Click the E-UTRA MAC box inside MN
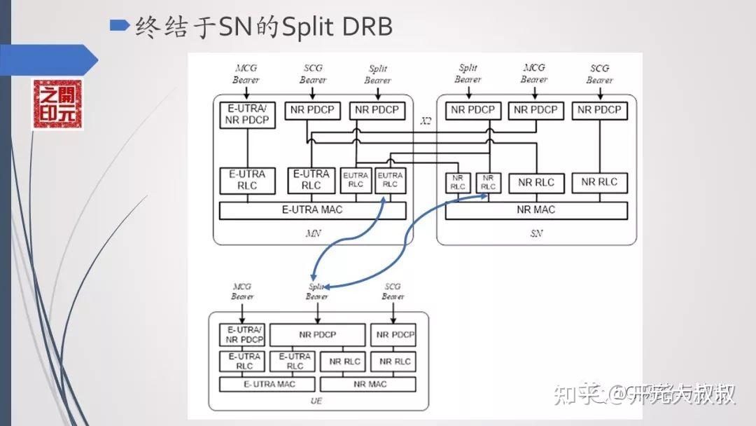312,209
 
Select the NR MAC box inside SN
536,209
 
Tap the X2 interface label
426,121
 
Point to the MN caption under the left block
312,233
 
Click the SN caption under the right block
536,233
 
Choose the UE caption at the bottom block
316,401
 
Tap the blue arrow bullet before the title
120,26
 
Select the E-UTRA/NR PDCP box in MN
247,114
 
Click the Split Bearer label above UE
317,291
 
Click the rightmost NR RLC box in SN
599,182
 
